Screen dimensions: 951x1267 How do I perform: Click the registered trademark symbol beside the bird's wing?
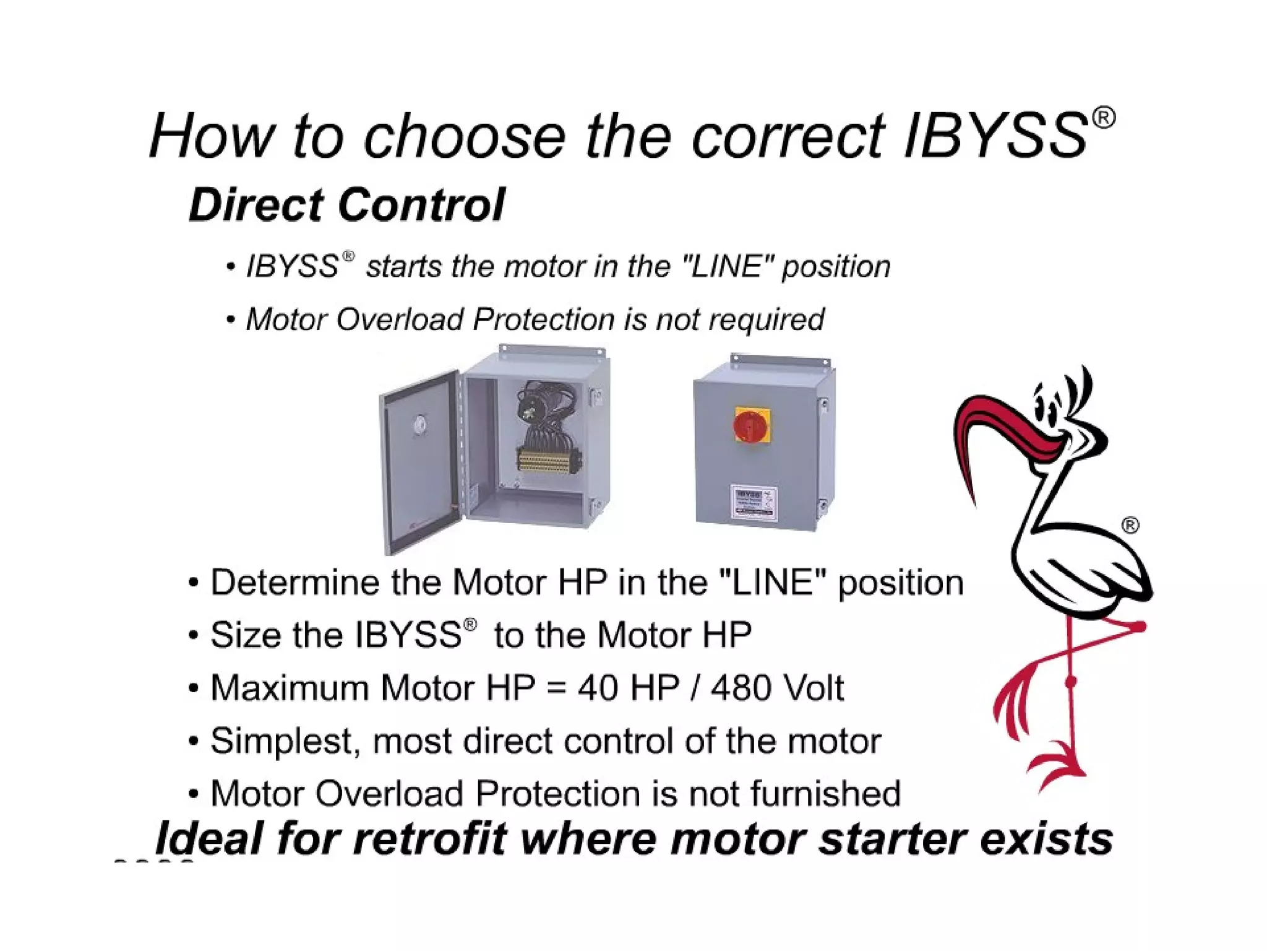pos(1130,526)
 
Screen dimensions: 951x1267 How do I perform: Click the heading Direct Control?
pos(347,205)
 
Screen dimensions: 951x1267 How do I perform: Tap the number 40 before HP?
pos(598,688)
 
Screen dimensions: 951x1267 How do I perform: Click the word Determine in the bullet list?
pos(294,583)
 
